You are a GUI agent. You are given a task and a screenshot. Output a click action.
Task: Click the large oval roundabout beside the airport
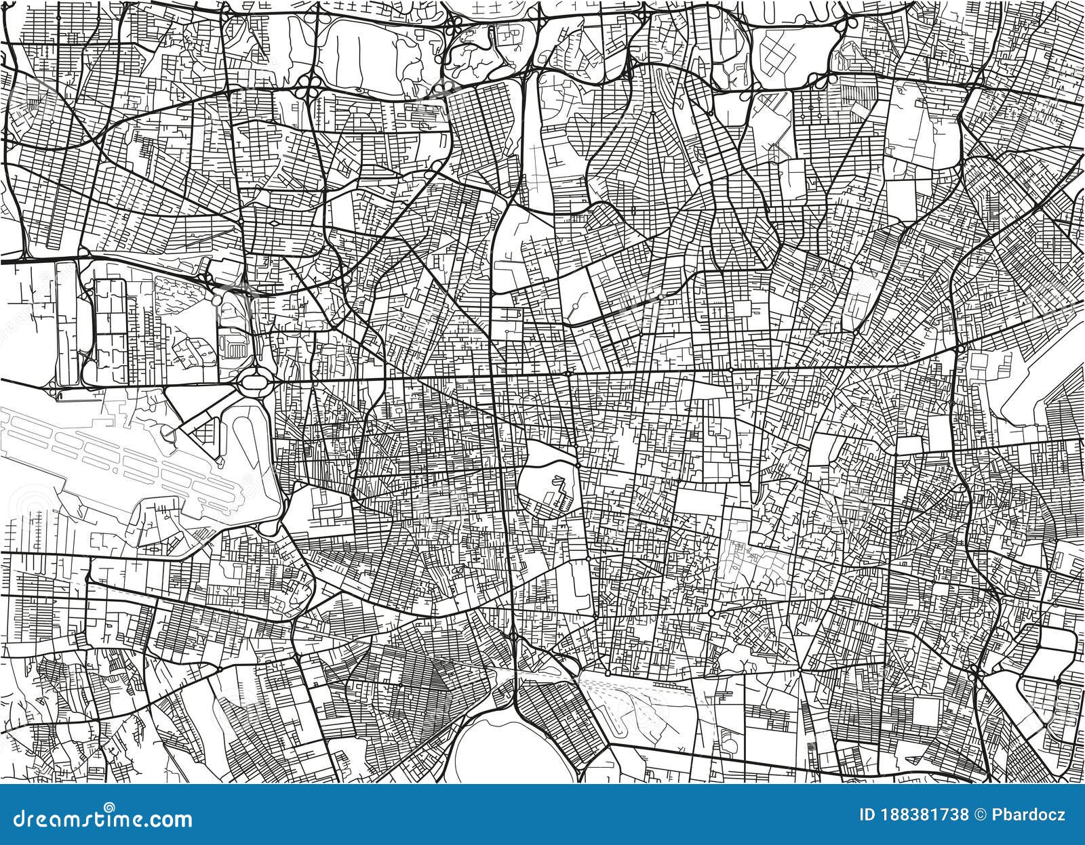tap(254, 382)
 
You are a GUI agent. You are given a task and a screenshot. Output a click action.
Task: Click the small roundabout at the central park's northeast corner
tap(568, 373)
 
